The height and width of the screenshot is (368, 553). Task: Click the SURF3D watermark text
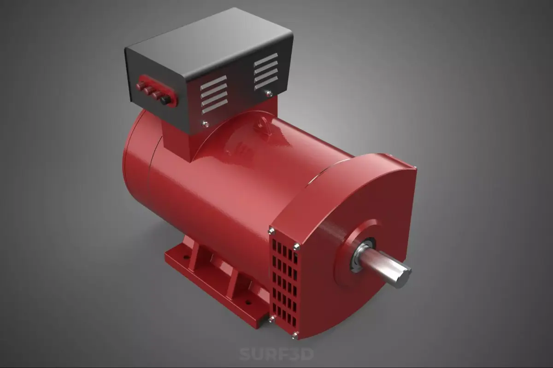click(276, 354)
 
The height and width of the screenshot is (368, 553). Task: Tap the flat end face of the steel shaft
click(404, 278)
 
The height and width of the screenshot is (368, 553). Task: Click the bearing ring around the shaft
click(362, 255)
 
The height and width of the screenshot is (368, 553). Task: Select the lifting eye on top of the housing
click(265, 126)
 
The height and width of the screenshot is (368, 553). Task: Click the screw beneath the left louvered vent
click(205, 124)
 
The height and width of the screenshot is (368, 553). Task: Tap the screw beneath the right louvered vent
click(269, 93)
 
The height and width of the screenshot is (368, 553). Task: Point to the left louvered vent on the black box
click(213, 95)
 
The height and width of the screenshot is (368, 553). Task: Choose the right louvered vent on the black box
click(266, 71)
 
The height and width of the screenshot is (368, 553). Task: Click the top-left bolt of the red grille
click(271, 231)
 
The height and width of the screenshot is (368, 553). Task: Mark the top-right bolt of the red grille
click(296, 246)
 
